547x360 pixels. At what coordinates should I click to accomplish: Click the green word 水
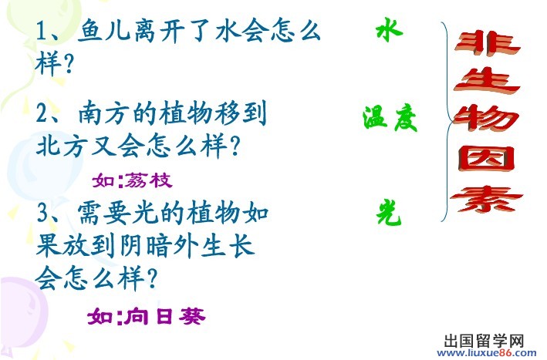(390, 30)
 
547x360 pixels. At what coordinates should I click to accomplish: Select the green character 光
(389, 212)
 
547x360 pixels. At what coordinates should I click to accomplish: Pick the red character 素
(487, 199)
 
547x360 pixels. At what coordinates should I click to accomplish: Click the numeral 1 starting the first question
(42, 32)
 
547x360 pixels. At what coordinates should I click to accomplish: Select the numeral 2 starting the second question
(42, 113)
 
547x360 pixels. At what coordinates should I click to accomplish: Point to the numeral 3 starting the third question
(42, 213)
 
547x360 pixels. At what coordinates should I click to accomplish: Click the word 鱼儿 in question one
(103, 31)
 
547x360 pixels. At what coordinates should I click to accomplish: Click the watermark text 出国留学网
(485, 340)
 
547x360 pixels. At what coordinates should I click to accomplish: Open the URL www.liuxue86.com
(487, 352)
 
